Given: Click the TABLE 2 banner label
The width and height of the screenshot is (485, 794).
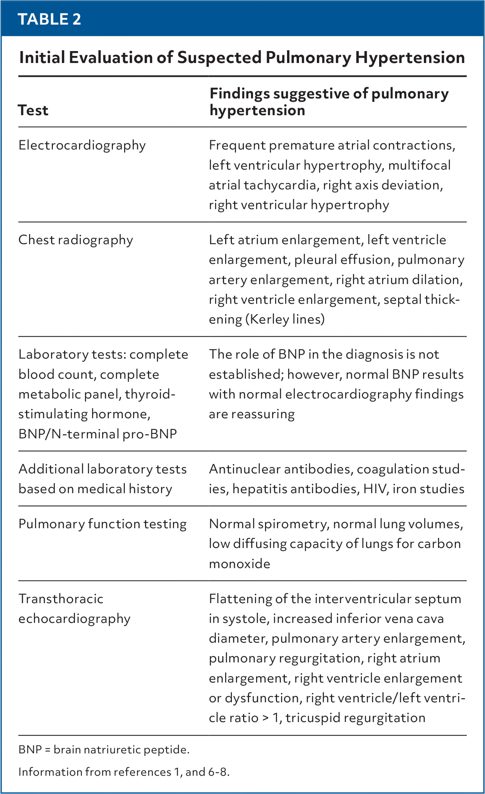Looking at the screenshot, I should point(49,19).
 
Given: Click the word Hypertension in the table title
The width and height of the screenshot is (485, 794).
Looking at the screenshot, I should point(410,58).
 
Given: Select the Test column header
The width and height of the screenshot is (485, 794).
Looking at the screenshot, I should point(33,110).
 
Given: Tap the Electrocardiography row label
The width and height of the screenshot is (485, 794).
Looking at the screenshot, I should point(82,145).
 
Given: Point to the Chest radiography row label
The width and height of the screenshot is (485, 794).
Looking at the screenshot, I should point(76,240).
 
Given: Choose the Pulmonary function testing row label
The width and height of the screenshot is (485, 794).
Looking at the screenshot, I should point(103,524).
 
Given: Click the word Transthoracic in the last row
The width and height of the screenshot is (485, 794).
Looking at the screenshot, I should point(61,599).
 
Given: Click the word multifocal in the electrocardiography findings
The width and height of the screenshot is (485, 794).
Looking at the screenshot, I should point(419,165).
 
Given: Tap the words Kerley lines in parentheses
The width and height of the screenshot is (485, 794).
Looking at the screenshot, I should point(285,319).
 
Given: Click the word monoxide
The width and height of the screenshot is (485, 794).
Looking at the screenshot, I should point(239,564).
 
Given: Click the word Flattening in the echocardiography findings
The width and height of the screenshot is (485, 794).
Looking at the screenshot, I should point(240,599).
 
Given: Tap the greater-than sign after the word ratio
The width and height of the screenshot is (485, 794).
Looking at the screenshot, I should point(265,718).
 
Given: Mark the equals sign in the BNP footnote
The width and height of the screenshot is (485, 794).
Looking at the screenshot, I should point(47,750).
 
